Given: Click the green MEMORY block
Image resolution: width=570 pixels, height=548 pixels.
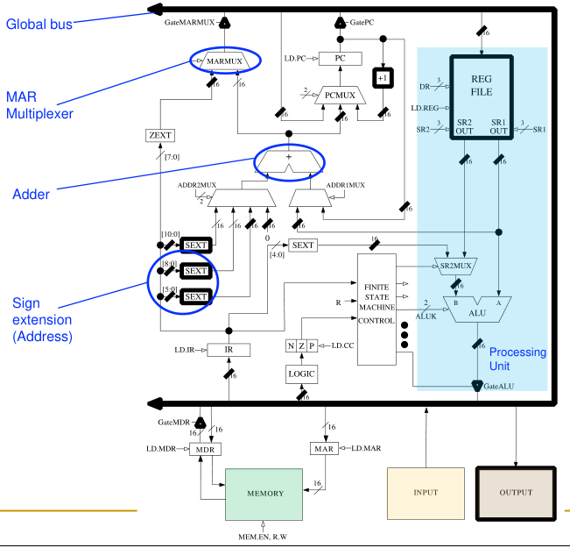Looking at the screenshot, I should click(264, 494).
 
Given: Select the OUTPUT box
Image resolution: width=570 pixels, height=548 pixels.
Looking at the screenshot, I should click(515, 492).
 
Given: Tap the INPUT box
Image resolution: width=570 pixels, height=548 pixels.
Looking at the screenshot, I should click(426, 492).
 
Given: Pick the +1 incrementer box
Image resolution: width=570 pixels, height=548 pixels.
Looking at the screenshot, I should click(383, 78).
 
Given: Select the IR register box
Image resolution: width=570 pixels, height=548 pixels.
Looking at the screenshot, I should click(229, 350).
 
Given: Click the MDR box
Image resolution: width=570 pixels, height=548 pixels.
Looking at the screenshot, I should click(204, 449).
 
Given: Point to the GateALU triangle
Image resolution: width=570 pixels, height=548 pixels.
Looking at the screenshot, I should click(477, 386).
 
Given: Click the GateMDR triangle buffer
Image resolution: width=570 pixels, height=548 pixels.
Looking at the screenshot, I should click(200, 423).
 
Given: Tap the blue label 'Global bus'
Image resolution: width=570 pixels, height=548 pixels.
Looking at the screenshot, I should click(39, 24).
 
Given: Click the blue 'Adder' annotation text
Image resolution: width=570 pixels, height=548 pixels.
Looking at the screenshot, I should click(31, 194).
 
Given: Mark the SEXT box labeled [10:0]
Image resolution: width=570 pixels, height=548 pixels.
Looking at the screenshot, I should click(196, 245).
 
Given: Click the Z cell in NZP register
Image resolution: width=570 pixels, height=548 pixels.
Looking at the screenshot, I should click(300, 346).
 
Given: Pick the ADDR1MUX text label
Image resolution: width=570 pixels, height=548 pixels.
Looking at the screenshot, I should click(345, 185).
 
